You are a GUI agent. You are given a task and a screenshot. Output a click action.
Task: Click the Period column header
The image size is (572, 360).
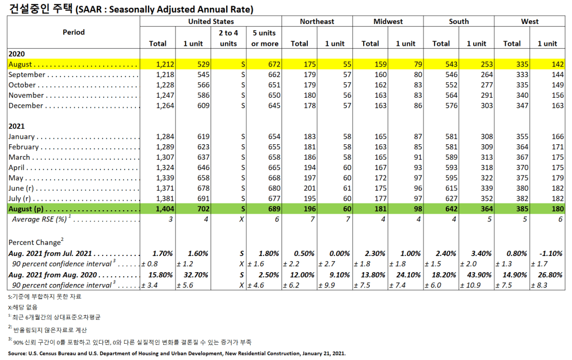click(x=74, y=32)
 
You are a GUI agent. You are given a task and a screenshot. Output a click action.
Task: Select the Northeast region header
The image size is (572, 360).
click(x=317, y=22)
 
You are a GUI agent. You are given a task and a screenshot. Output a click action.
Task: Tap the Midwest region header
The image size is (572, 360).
click(x=388, y=22)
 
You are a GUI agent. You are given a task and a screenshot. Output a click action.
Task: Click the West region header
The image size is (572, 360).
click(x=530, y=22)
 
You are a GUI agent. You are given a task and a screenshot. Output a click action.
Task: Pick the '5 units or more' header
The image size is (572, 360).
click(x=265, y=38)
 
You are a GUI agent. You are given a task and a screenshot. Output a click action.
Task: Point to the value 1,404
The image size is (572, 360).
click(x=165, y=209)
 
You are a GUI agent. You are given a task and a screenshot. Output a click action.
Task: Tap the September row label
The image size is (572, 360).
click(x=27, y=75)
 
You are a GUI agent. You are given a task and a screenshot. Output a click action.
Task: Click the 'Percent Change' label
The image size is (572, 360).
click(x=34, y=243)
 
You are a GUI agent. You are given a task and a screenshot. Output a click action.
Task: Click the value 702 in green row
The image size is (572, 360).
click(x=202, y=209)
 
